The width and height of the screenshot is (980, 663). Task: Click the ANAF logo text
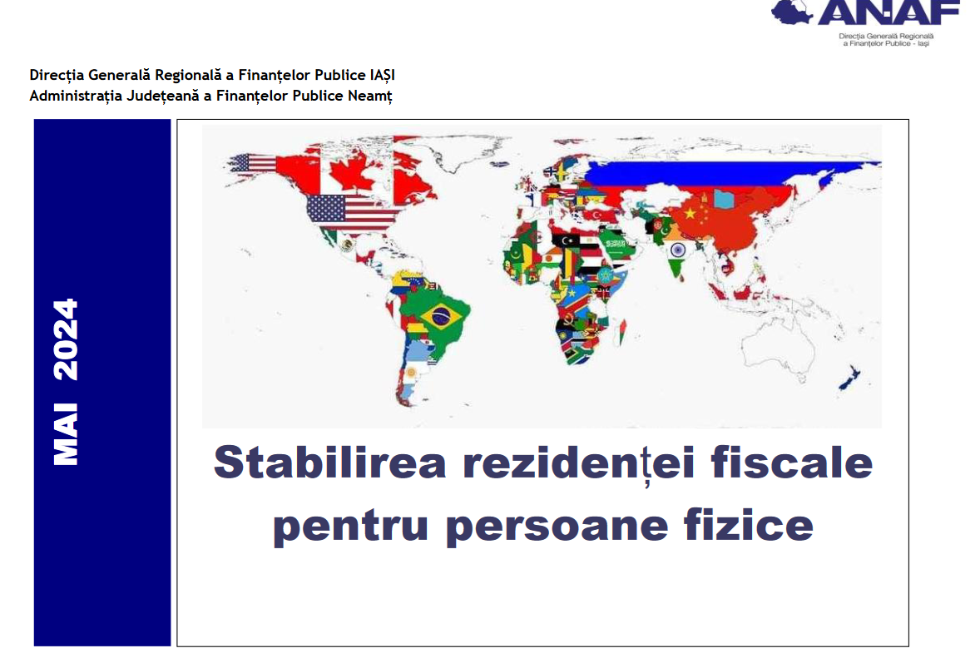(x=888, y=12)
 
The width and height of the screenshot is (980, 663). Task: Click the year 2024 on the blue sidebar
(x=66, y=339)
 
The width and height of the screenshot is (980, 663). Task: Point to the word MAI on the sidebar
(x=66, y=434)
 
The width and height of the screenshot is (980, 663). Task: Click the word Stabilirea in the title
(x=330, y=463)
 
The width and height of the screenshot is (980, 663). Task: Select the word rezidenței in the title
(x=579, y=463)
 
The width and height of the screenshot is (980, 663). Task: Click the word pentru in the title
(x=350, y=526)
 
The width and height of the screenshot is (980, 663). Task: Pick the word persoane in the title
(x=557, y=527)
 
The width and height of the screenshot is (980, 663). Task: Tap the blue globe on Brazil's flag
(x=442, y=316)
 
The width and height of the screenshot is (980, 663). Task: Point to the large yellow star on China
(x=690, y=214)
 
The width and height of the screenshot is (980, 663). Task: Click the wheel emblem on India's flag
(x=677, y=250)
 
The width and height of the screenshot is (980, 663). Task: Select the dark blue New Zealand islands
(x=849, y=379)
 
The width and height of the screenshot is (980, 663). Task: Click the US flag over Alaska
(x=252, y=163)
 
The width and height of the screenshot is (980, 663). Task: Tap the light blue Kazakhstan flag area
(x=724, y=200)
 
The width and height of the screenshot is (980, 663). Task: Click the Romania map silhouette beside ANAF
(x=790, y=12)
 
